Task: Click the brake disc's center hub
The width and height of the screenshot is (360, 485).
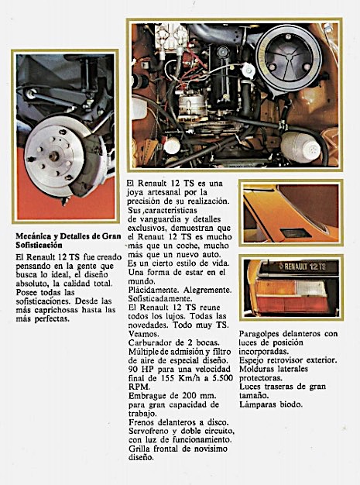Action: pyautogui.click(x=53, y=157)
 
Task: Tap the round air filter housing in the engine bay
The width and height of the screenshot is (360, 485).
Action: pyautogui.click(x=288, y=58)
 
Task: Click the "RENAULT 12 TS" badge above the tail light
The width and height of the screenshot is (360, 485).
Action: pyautogui.click(x=302, y=267)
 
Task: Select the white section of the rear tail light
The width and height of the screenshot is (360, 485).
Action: pyautogui.click(x=310, y=288)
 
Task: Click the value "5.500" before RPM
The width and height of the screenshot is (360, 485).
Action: pyautogui.click(x=222, y=378)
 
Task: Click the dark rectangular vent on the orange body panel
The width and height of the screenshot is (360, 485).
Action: pyautogui.click(x=296, y=233)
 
